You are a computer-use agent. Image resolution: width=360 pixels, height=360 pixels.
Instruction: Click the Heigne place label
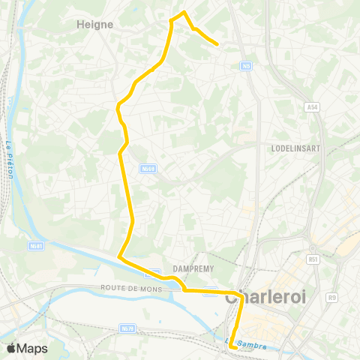95,24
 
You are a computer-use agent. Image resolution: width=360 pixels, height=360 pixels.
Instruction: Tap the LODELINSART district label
295,148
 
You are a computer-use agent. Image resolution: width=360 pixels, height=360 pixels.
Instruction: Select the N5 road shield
246,67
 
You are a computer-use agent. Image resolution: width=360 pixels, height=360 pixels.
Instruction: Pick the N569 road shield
148,169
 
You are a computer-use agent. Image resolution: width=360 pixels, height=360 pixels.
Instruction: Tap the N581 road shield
36,245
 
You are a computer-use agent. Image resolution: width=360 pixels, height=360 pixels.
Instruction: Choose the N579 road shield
127,328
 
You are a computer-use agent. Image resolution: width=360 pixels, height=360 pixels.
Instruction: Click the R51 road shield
313,260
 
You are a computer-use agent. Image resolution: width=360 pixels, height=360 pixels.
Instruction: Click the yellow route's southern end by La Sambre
232,347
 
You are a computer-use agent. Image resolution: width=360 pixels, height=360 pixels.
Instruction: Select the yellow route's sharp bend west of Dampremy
119,257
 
